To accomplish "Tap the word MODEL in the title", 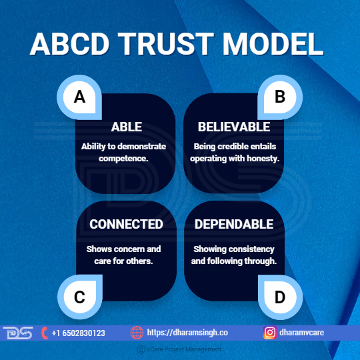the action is point(273,43).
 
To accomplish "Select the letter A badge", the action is point(79,97).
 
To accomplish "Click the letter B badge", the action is point(280,97).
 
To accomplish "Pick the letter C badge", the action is point(80,297).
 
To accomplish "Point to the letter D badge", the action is point(280,297).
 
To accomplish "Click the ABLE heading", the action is point(127,127).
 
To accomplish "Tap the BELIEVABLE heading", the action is point(234,127).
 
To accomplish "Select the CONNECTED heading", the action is point(126,224).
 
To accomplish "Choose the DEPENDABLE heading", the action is point(234,224).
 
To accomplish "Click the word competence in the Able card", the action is point(123,159).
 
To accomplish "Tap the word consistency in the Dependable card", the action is point(251,249).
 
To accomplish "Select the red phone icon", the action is point(45,333).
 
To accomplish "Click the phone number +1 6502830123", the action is point(78,333).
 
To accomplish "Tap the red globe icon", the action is point(137,333).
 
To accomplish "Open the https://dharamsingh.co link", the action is point(187,333).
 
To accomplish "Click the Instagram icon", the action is point(270,333).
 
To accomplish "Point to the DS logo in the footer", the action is point(18,333).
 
